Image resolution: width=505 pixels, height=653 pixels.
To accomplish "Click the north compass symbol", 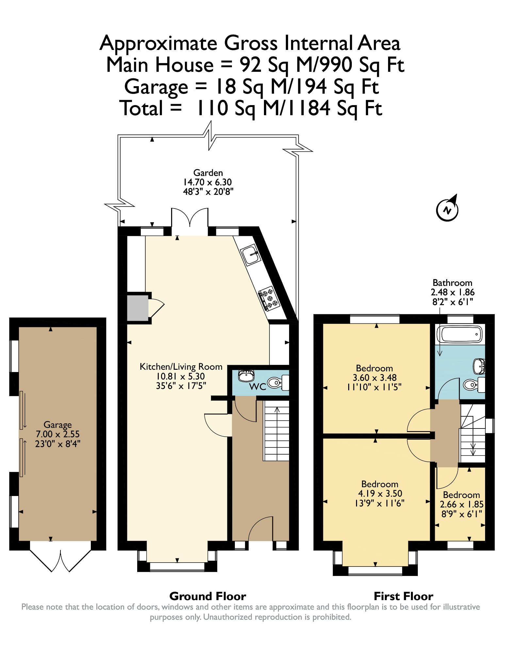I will pyautogui.click(x=447, y=210).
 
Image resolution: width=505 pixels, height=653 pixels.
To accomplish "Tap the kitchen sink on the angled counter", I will pyautogui.click(x=251, y=254).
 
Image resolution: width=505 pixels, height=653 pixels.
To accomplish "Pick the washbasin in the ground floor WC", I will pyautogui.click(x=246, y=376).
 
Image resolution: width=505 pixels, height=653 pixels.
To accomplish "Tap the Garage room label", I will pyautogui.click(x=57, y=425).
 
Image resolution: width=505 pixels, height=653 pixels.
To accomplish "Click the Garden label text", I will pyautogui.click(x=208, y=173).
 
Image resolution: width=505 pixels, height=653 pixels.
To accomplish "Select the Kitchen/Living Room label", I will pyautogui.click(x=181, y=367).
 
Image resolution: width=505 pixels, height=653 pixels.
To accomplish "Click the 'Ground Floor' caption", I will pyautogui.click(x=208, y=596).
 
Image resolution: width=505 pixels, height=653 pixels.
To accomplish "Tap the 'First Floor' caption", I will pyautogui.click(x=403, y=596).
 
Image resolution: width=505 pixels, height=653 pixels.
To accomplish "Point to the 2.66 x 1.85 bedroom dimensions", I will pyautogui.click(x=462, y=504).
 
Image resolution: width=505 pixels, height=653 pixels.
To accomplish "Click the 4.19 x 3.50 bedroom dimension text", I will pyautogui.click(x=380, y=493).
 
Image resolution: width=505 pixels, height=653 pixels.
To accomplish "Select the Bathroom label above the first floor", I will pyautogui.click(x=452, y=283).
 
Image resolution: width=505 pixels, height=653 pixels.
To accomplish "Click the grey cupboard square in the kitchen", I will pyautogui.click(x=138, y=308).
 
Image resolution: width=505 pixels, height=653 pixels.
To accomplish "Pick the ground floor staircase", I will pyautogui.click(x=276, y=431).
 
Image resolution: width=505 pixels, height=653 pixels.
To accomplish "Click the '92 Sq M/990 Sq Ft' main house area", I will pyautogui.click(x=322, y=65).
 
